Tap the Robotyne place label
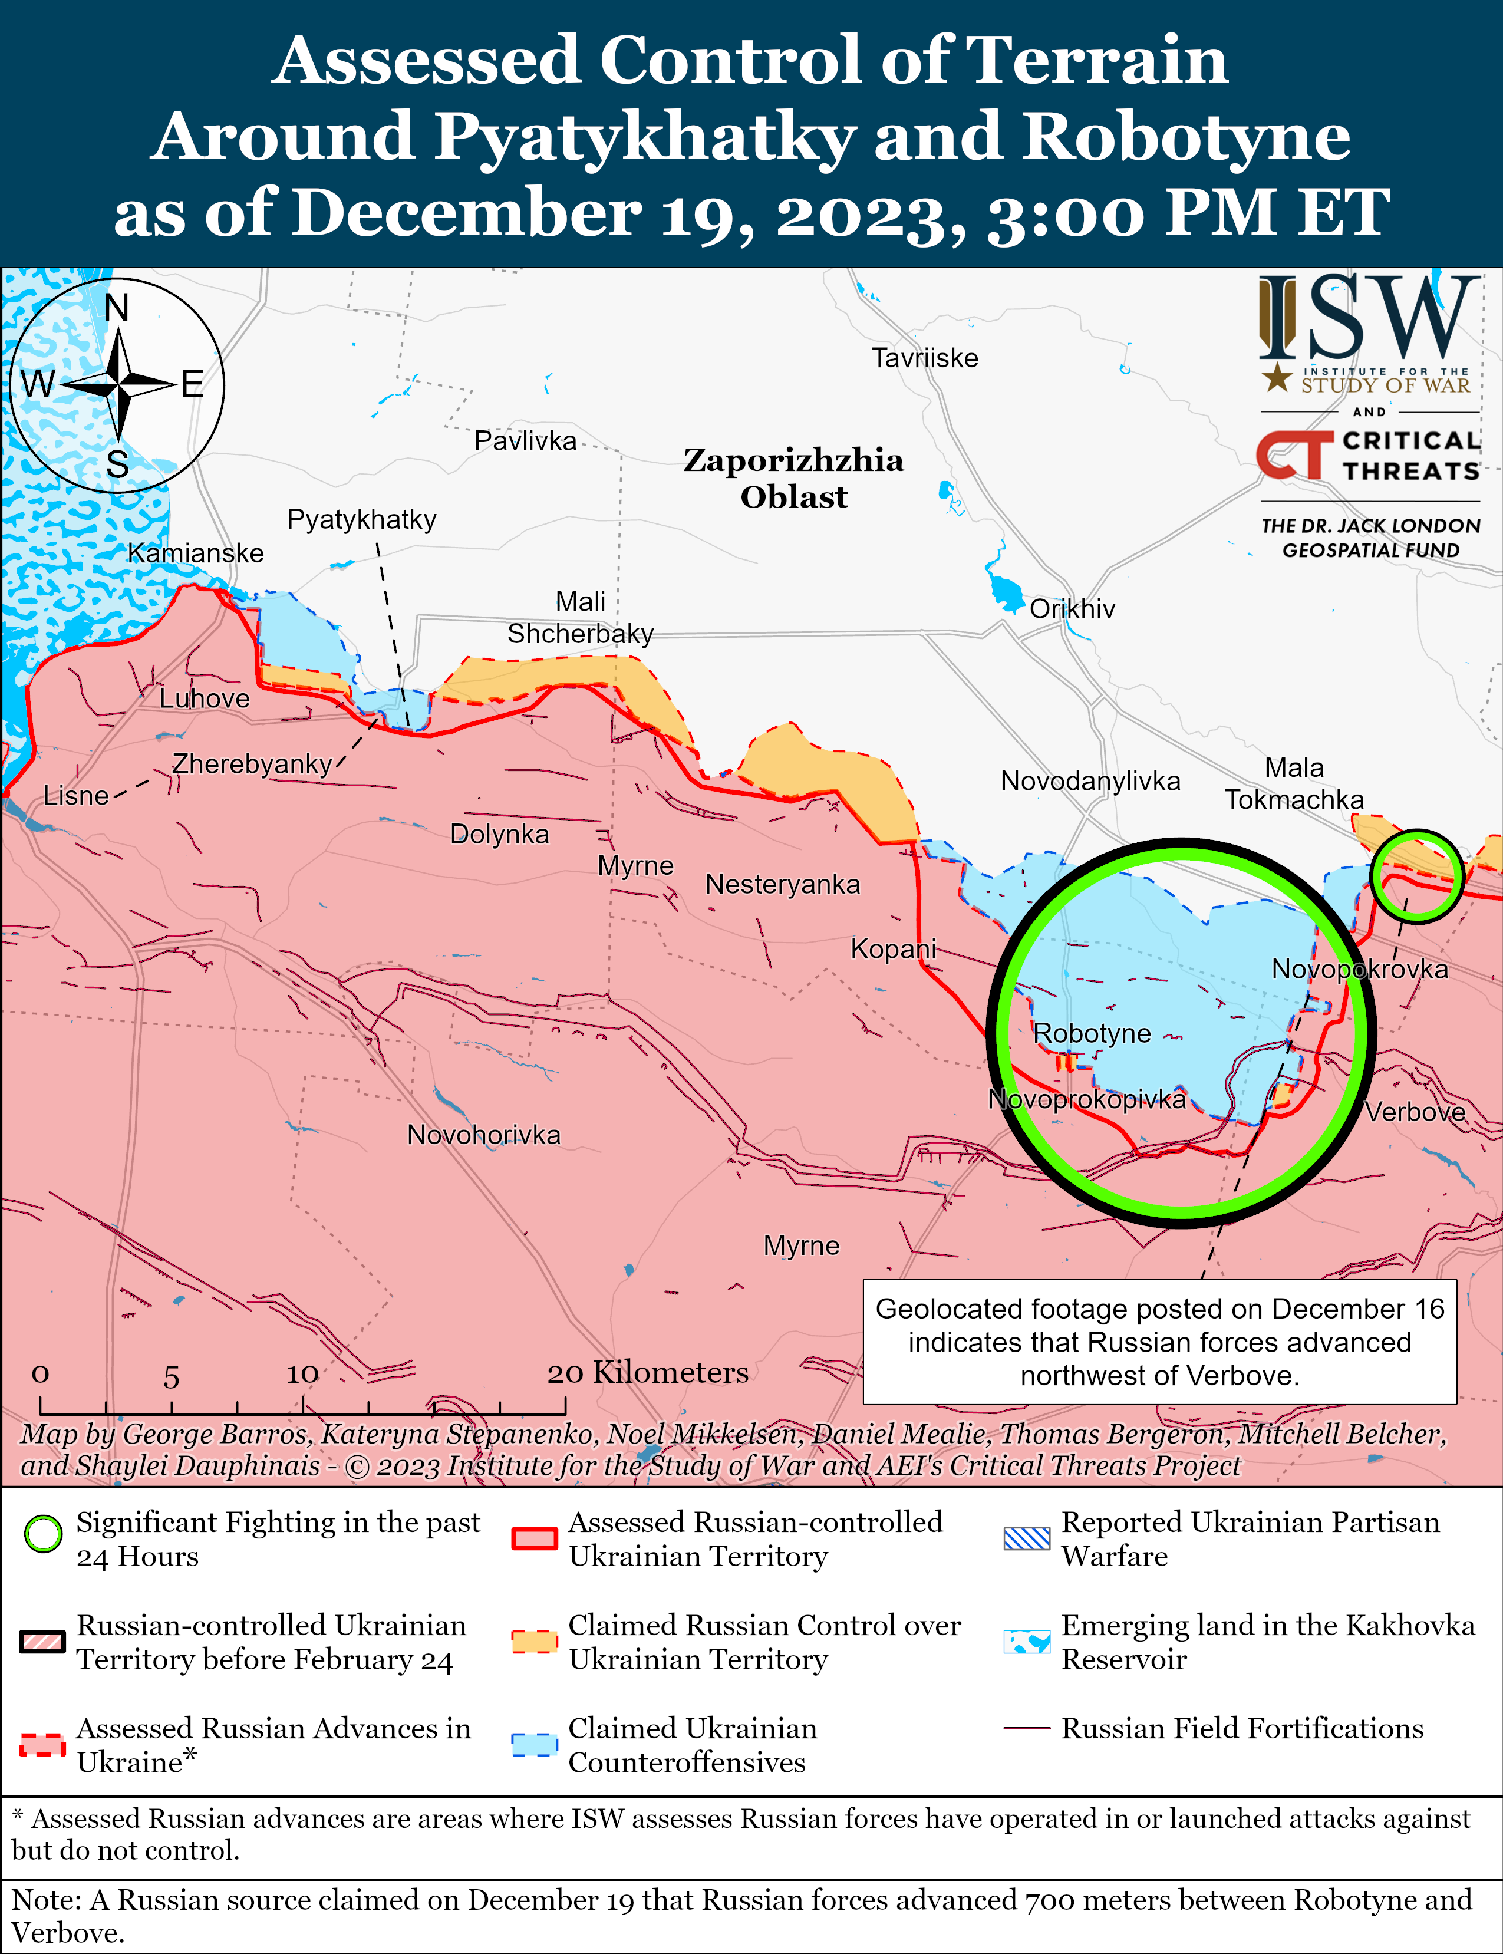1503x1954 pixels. tap(1092, 1033)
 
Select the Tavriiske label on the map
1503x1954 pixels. tap(925, 359)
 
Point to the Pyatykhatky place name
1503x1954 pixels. tap(361, 520)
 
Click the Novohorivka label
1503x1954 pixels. tap(483, 1135)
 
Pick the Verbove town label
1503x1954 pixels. tap(1415, 1113)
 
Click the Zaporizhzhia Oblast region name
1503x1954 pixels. tap(793, 479)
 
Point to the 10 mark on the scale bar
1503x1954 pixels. tap(302, 1373)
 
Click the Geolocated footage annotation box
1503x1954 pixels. tap(1159, 1342)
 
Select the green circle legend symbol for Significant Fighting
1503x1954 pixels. tap(43, 1534)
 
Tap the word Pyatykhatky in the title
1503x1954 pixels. tap(645, 137)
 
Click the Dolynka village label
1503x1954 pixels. tap(499, 835)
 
